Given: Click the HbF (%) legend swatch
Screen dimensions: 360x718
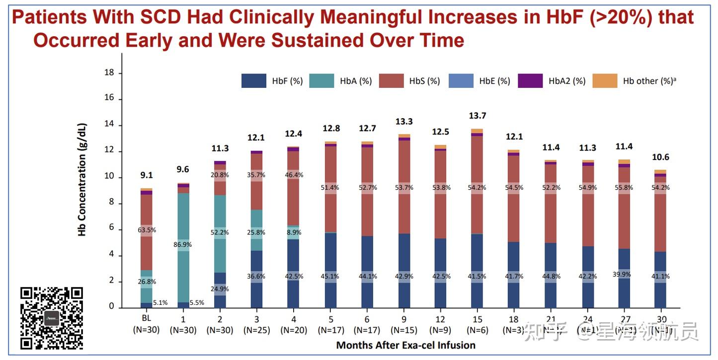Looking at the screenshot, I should click(253, 81).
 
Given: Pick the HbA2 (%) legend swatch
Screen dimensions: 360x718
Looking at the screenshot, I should click(530, 81).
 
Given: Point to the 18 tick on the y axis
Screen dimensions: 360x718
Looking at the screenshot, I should click(109, 73).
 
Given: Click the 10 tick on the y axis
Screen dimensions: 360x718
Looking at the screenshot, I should click(109, 177).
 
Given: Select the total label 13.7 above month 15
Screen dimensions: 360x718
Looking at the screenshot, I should click(477, 116).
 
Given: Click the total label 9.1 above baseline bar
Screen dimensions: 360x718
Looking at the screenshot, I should click(147, 175).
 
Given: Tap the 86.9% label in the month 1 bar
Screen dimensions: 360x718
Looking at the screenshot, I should click(183, 245).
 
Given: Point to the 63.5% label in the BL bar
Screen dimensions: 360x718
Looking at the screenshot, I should click(147, 230).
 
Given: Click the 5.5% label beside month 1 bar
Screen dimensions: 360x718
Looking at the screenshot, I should click(197, 302).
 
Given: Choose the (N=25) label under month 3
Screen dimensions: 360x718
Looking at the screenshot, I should click(256, 330).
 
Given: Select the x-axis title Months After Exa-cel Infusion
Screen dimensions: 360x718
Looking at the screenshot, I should click(405, 345).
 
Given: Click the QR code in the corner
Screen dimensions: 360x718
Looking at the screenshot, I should click(52, 318).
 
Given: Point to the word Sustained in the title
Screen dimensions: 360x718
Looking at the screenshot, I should click(319, 40).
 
